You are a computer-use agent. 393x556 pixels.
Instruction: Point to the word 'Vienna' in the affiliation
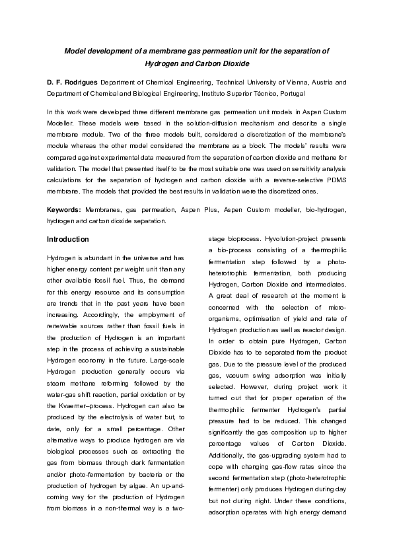click(x=287, y=83)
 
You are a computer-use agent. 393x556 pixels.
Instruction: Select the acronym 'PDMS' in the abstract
click(x=332, y=182)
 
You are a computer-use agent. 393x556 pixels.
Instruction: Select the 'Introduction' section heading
click(x=68, y=239)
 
